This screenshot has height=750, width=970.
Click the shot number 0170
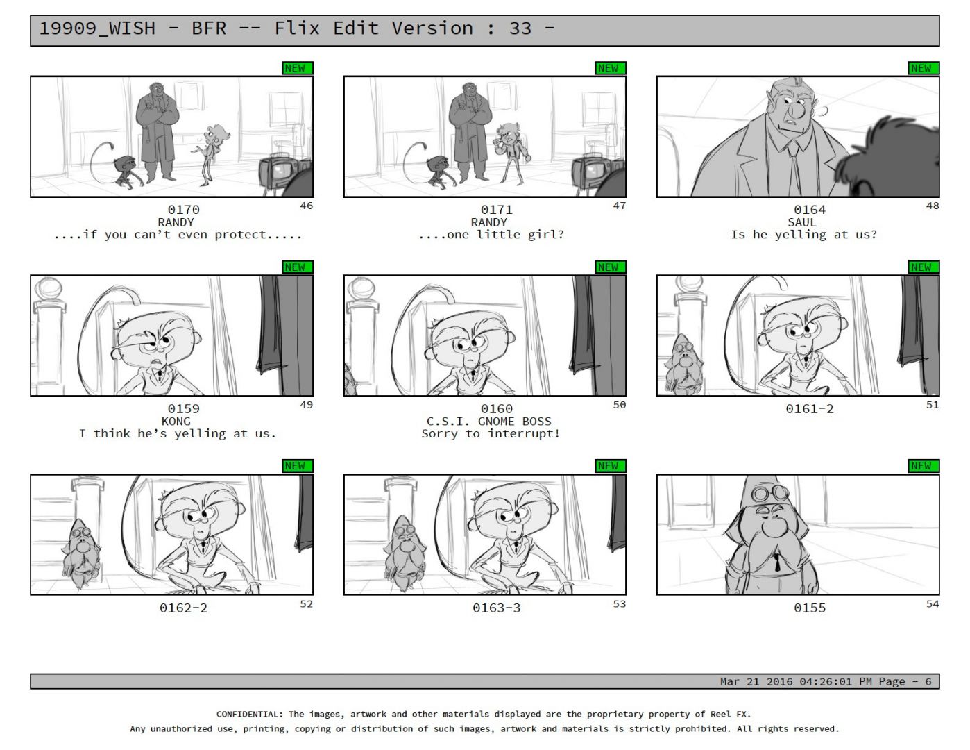pos(183,210)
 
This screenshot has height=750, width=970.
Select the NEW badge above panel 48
pos(924,68)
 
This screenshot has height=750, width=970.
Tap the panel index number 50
pos(619,405)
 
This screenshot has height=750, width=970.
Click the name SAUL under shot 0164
pos(801,222)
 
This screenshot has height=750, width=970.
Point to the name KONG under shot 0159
pos(176,422)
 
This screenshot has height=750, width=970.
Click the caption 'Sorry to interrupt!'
pos(491,434)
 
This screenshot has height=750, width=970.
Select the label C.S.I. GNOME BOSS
pos(488,422)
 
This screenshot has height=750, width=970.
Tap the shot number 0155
pos(809,608)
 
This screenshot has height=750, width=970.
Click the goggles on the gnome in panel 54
pos(770,493)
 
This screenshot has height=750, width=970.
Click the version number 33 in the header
pos(520,28)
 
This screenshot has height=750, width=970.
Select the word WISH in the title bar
pos(132,28)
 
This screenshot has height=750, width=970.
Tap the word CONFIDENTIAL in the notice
pos(249,714)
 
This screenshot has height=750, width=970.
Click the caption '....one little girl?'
pos(491,235)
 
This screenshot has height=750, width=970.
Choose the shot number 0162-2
pos(183,608)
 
